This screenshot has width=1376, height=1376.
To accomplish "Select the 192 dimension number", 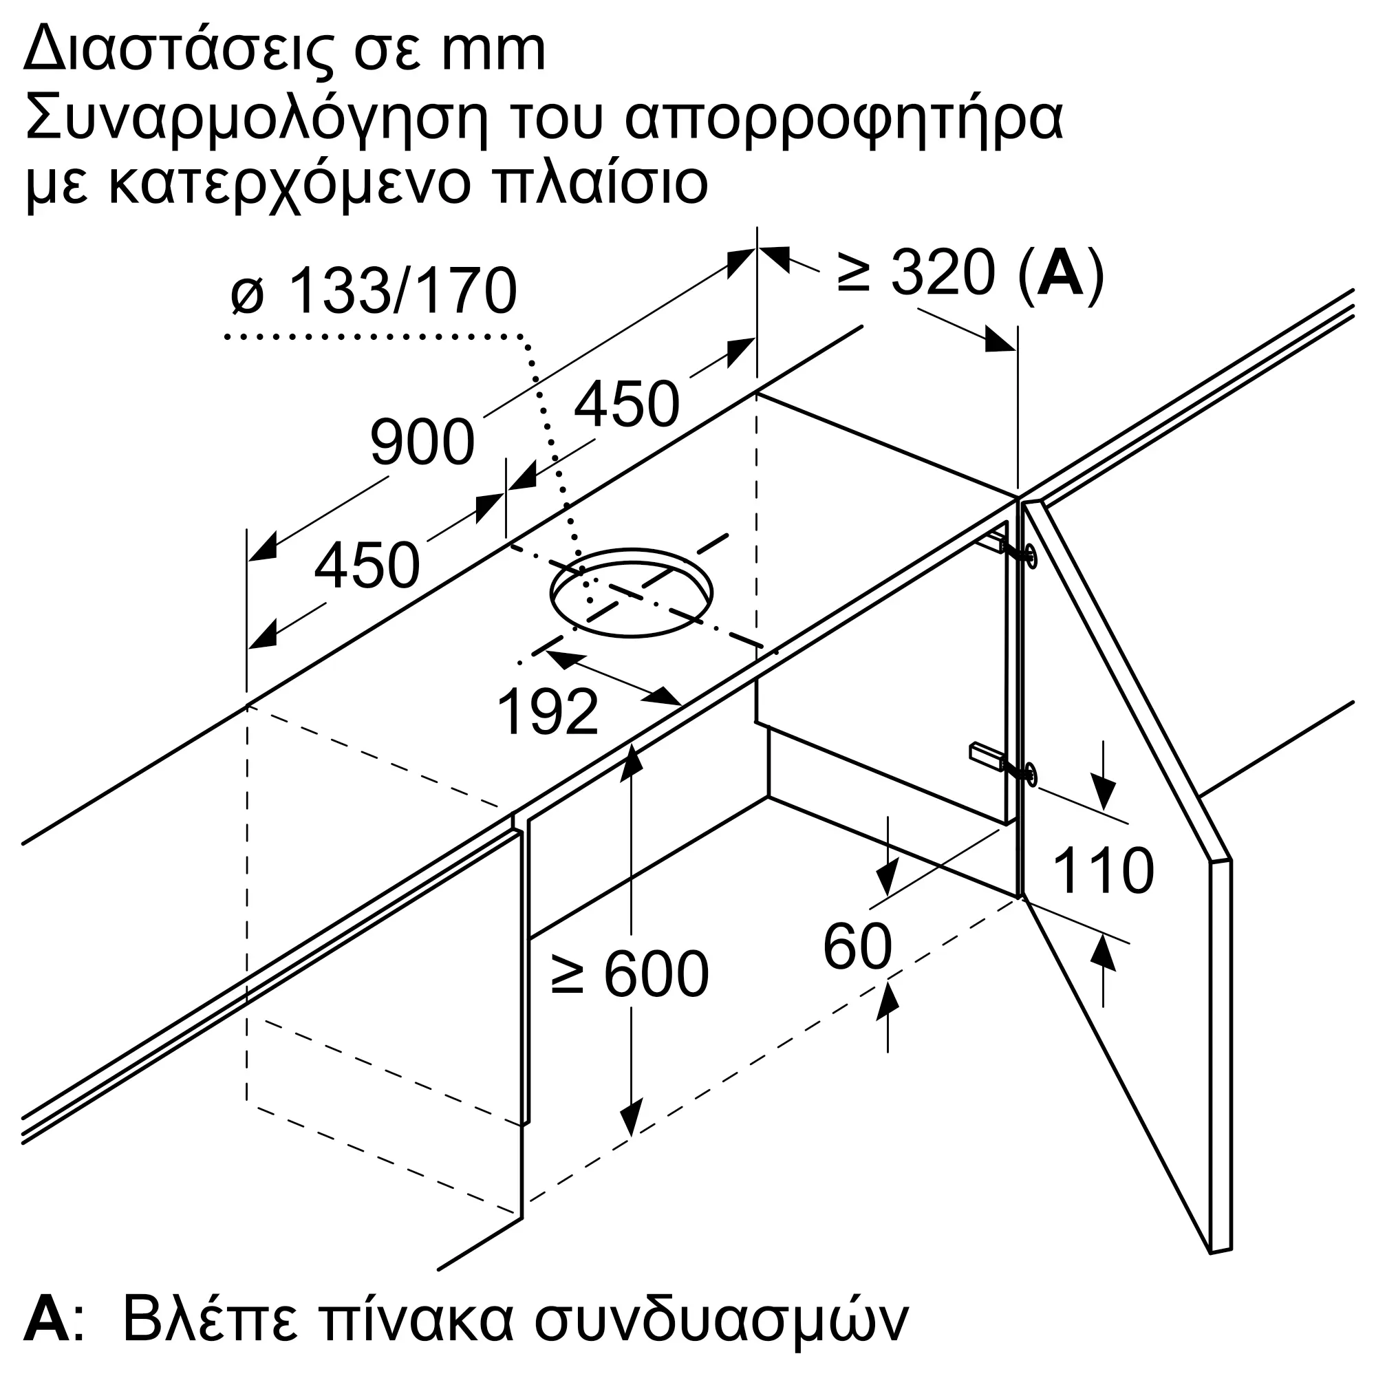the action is [x=547, y=712].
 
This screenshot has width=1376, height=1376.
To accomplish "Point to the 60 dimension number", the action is [x=857, y=947].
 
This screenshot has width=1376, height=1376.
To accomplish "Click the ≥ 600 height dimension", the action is [x=630, y=974].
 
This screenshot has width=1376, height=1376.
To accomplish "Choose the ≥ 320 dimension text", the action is [x=915, y=272].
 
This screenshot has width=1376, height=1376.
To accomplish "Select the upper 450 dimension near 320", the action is [x=627, y=404].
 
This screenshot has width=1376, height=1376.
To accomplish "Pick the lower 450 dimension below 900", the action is [x=367, y=566].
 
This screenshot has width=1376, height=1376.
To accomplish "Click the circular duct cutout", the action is [x=631, y=592].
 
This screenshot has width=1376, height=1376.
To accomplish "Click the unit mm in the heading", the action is [x=493, y=52].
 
